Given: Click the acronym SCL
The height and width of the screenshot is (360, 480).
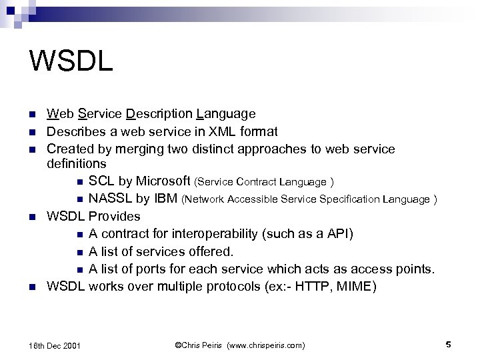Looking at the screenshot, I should coord(101,181).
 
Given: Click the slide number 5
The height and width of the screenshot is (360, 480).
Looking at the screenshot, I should coord(448,344).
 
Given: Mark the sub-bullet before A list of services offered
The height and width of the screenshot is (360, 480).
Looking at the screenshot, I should coord(79,252).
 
